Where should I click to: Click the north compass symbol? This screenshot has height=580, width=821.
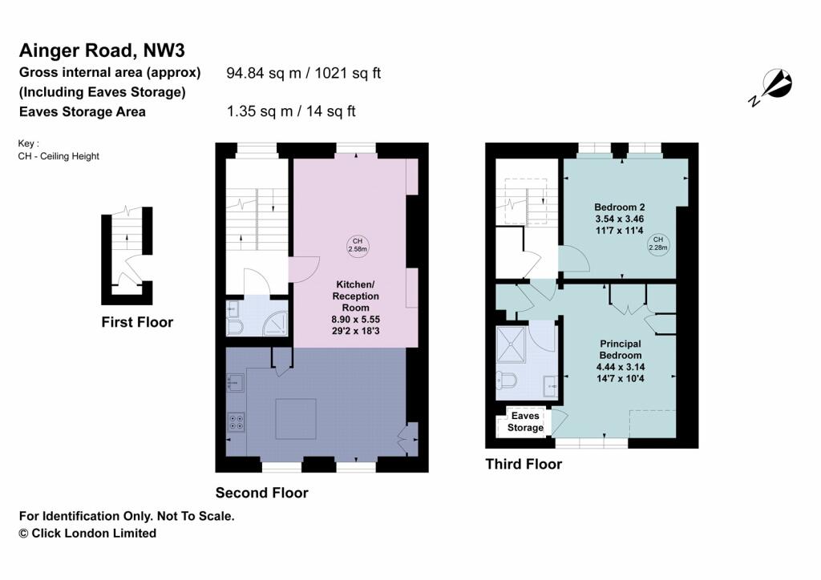(772, 86)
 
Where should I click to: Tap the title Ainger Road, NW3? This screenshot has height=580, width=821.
(102, 50)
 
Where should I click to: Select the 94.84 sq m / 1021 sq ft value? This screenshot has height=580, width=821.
(304, 73)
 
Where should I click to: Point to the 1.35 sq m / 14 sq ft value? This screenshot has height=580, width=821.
(291, 111)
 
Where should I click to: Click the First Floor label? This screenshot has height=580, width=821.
(137, 322)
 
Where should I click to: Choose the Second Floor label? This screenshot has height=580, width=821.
(261, 493)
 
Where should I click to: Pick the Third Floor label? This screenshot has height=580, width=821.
(524, 464)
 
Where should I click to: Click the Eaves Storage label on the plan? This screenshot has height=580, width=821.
(525, 421)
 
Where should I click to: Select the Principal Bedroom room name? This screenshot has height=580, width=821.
(621, 349)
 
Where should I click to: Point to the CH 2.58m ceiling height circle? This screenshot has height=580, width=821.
(358, 245)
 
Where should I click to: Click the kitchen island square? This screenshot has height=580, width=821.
(294, 419)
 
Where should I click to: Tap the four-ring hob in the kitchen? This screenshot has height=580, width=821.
(237, 421)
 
